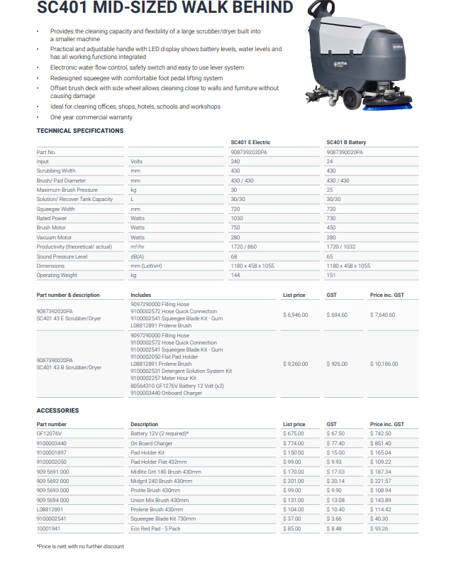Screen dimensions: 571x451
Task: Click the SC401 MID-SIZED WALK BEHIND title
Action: [165, 9]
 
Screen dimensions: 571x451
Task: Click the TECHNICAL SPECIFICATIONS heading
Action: [79, 131]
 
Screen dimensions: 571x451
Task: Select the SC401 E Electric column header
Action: [250, 143]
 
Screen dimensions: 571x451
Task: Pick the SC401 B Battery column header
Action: [346, 143]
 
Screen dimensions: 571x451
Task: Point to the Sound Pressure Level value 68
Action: [234, 256]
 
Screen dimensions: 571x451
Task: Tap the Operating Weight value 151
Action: [330, 275]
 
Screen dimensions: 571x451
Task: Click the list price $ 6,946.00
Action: [295, 315]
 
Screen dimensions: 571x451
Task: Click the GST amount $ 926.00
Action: [337, 364]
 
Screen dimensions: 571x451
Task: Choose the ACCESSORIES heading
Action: [57, 410]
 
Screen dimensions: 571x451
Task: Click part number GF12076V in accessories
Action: [49, 433]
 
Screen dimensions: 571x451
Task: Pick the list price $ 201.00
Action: [294, 481]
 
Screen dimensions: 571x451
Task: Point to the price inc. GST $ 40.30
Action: [380, 519]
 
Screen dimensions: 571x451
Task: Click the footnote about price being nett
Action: [80, 546]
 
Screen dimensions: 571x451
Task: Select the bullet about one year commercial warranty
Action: [91, 116]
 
